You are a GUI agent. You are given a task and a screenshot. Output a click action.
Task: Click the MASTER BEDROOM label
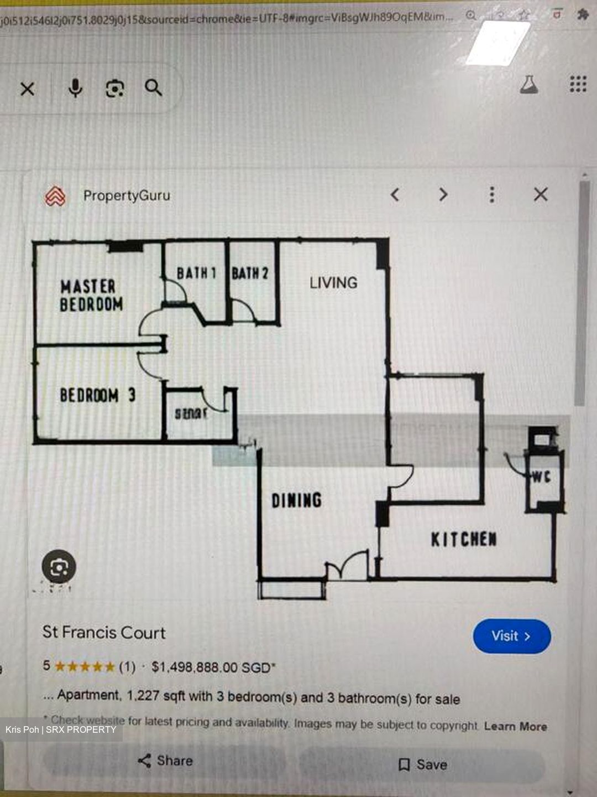[x=91, y=296]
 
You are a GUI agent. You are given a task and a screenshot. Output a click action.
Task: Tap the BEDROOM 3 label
[x=97, y=395]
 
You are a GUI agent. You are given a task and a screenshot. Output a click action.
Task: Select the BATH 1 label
[x=196, y=273]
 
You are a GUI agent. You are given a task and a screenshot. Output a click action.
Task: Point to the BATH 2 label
[x=250, y=273]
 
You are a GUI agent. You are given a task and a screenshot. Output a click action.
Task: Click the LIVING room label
[x=333, y=283]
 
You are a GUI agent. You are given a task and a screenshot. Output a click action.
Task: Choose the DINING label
[x=296, y=500]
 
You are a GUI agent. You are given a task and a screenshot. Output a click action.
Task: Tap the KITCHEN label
[x=464, y=539]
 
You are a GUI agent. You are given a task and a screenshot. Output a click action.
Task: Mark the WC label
[x=542, y=477]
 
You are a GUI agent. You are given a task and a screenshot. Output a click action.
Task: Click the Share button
[x=165, y=760]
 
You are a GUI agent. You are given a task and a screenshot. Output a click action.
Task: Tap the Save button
[x=423, y=764]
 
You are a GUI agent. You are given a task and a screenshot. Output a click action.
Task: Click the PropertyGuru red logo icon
[x=55, y=196]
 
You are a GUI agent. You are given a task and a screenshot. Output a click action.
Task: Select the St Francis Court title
[x=104, y=633]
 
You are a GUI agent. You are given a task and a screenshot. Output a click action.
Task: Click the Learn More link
[x=515, y=726]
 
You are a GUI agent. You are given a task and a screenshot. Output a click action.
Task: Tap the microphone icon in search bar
[x=75, y=88]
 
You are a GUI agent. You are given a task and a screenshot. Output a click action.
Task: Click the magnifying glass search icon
[x=153, y=87]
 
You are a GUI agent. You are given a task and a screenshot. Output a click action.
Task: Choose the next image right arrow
[x=443, y=194]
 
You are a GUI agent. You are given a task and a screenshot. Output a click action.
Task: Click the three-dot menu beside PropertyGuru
[x=492, y=194]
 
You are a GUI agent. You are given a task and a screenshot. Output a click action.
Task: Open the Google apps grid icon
[x=578, y=84]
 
